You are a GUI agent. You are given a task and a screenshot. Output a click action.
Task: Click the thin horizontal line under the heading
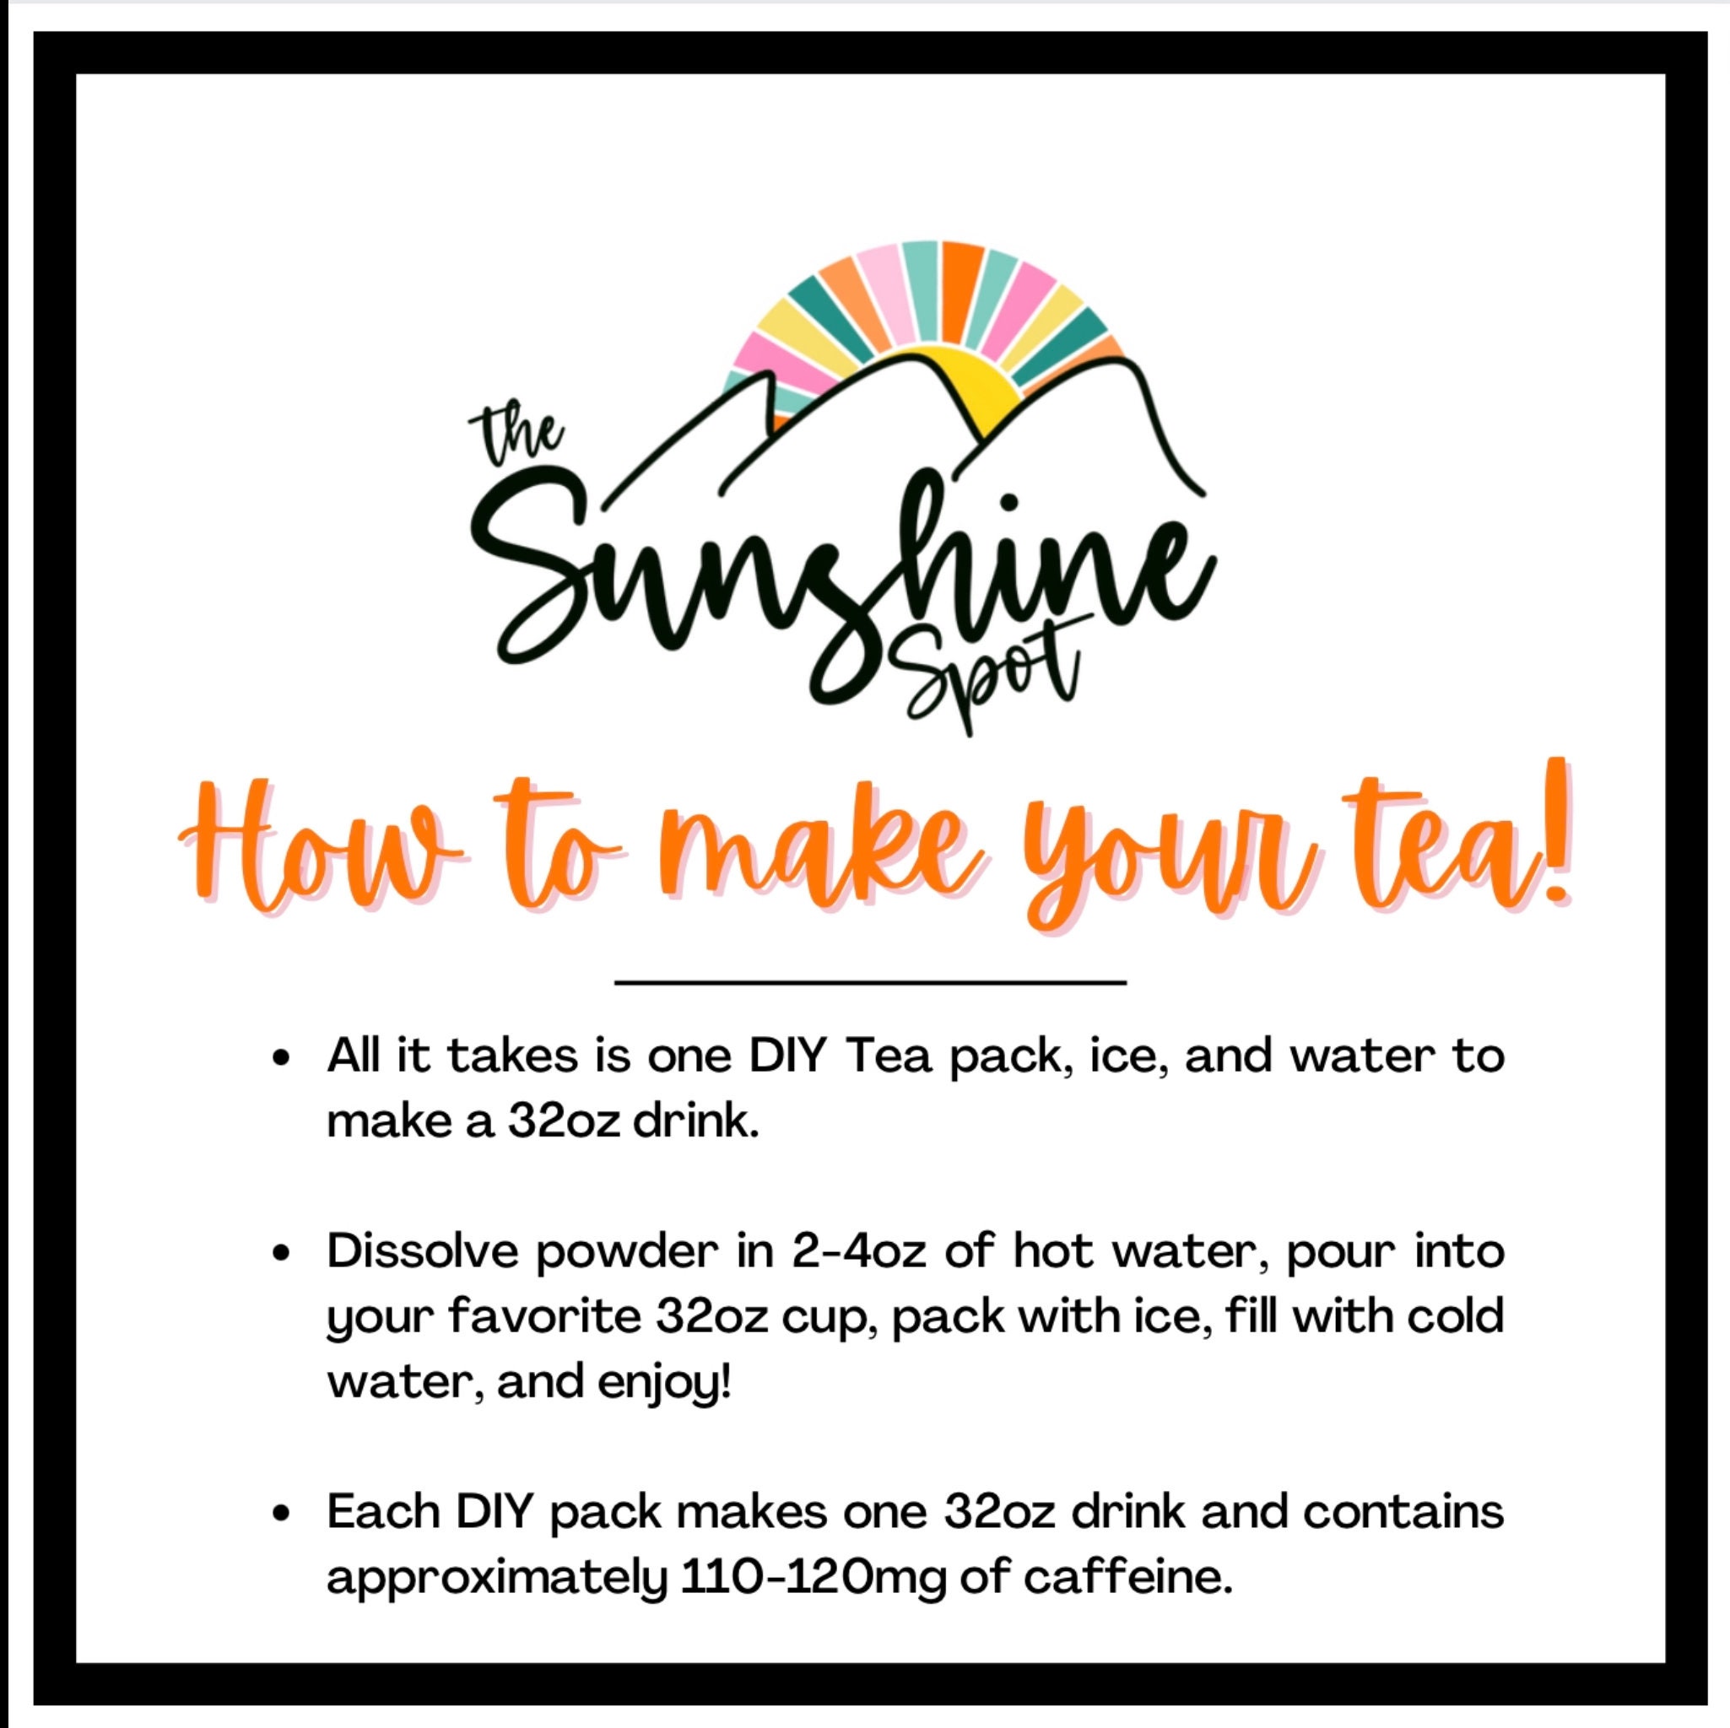point(869,982)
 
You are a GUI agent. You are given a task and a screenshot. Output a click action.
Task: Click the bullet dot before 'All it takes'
point(281,1058)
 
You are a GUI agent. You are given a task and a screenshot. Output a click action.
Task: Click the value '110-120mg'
point(813,1577)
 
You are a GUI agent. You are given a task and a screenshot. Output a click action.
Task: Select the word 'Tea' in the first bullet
point(889,1056)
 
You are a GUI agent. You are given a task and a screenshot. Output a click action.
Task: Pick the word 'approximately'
point(497,1579)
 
